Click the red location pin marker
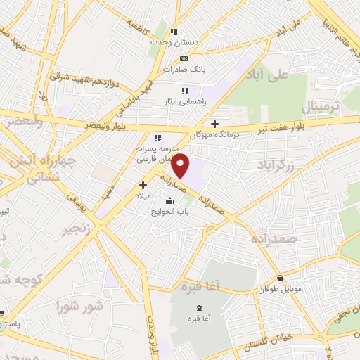[x=181, y=166]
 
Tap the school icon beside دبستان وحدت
[x=173, y=32]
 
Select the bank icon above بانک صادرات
[x=184, y=59]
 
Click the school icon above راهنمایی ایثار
[x=185, y=91]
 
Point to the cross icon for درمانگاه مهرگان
[x=214, y=124]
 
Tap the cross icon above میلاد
[x=143, y=184]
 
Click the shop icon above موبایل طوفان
[x=281, y=278]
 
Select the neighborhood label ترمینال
[x=321, y=107]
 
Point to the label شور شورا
[x=79, y=306]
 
